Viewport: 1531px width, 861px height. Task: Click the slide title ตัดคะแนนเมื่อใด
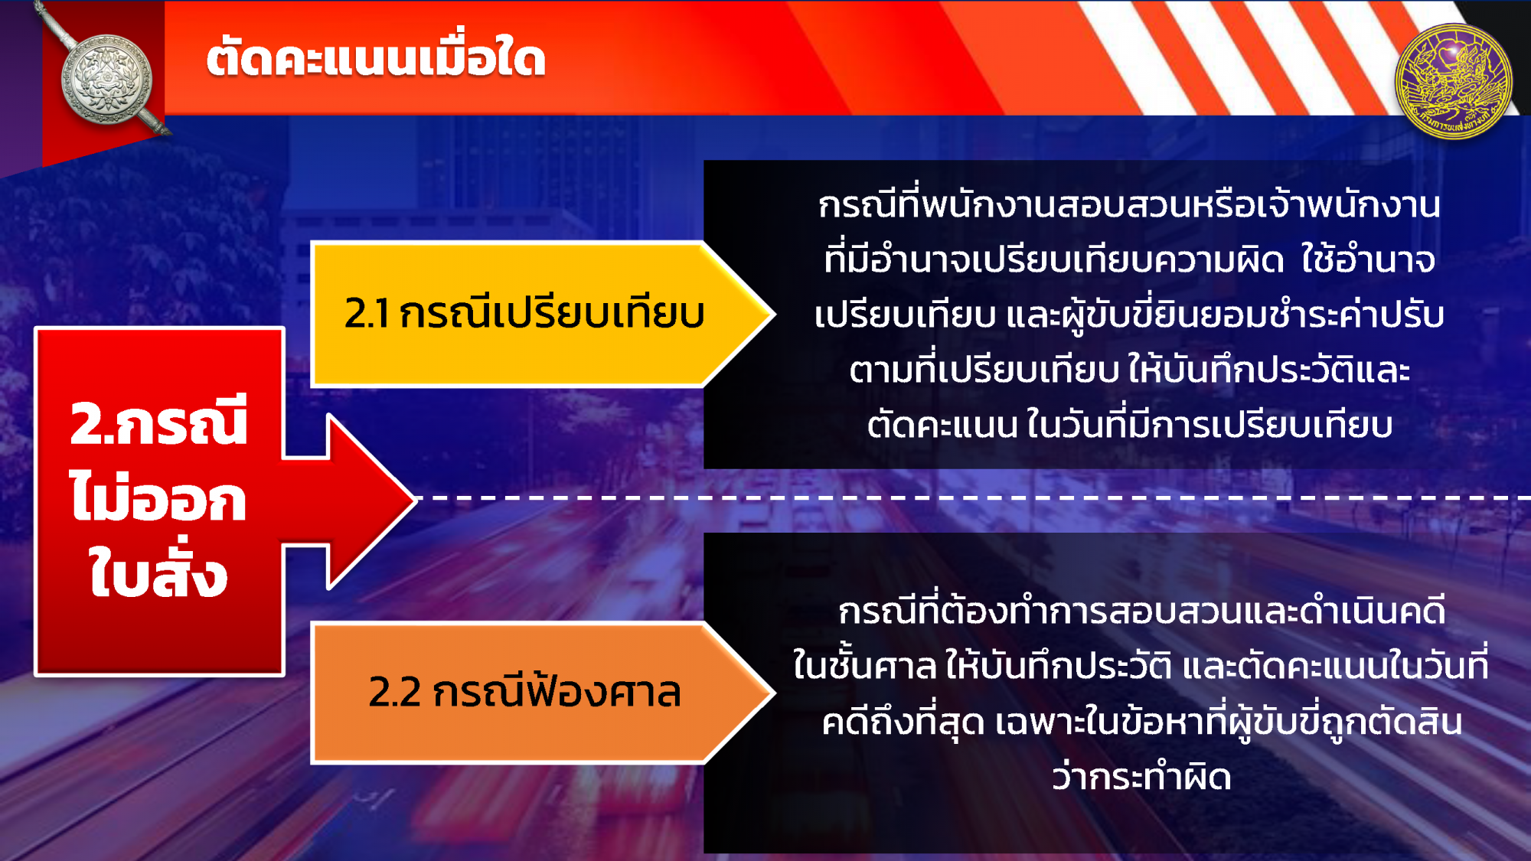[x=376, y=58]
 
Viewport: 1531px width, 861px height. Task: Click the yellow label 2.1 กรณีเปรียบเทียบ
[x=524, y=313]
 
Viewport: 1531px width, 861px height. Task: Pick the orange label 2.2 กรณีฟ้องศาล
[x=524, y=691]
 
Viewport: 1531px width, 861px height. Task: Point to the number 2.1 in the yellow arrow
[x=367, y=314]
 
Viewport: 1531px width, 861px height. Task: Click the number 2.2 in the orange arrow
[x=395, y=693]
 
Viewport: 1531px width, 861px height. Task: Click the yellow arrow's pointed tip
[x=775, y=314]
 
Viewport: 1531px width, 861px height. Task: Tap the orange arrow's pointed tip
[x=775, y=693]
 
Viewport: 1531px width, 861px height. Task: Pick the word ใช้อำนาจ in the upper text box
[x=1368, y=259]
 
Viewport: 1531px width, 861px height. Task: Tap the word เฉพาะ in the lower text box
[x=1038, y=722]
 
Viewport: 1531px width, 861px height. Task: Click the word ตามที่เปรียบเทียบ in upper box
[x=984, y=370]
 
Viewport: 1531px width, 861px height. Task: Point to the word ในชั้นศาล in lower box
[x=864, y=664]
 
